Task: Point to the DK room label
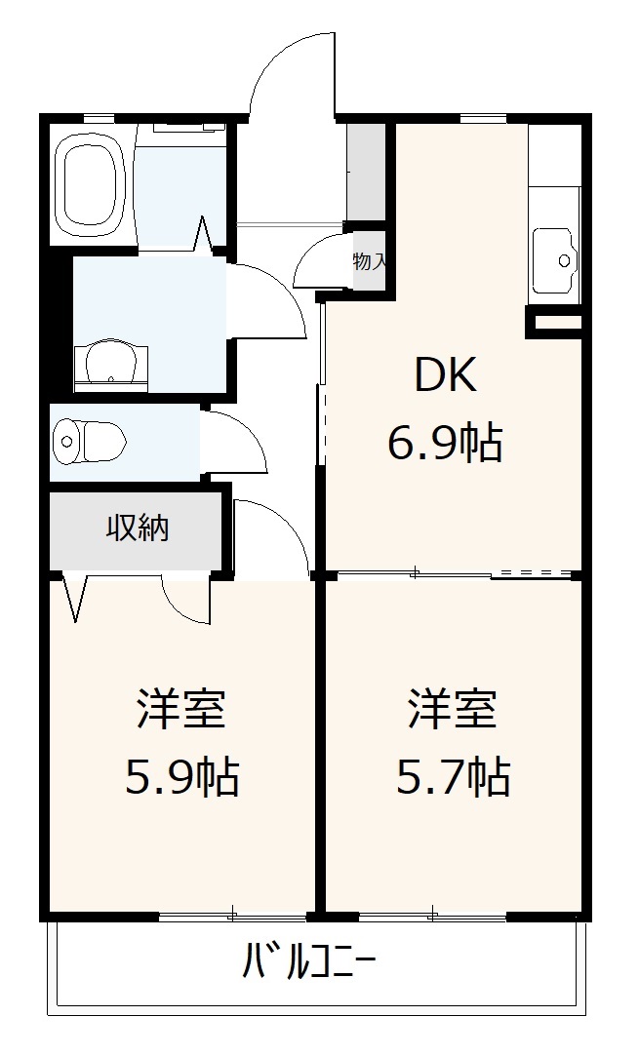446,375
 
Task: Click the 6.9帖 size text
445,445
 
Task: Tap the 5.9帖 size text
182,777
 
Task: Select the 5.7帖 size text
453,777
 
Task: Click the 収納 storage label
138,528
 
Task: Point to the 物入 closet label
370,260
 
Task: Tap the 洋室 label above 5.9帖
182,709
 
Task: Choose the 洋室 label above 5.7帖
453,709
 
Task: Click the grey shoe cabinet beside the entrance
367,171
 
